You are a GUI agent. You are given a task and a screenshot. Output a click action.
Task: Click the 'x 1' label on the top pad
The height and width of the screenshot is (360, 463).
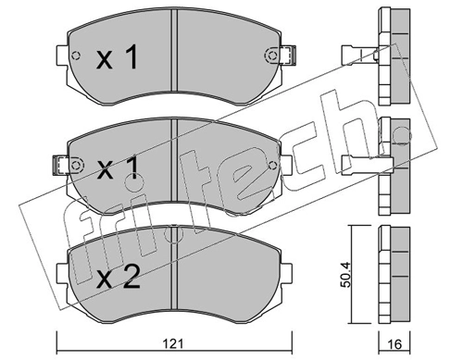coord(118,60)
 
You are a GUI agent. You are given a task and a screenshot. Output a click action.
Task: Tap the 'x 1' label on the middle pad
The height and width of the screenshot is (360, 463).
coord(118,168)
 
